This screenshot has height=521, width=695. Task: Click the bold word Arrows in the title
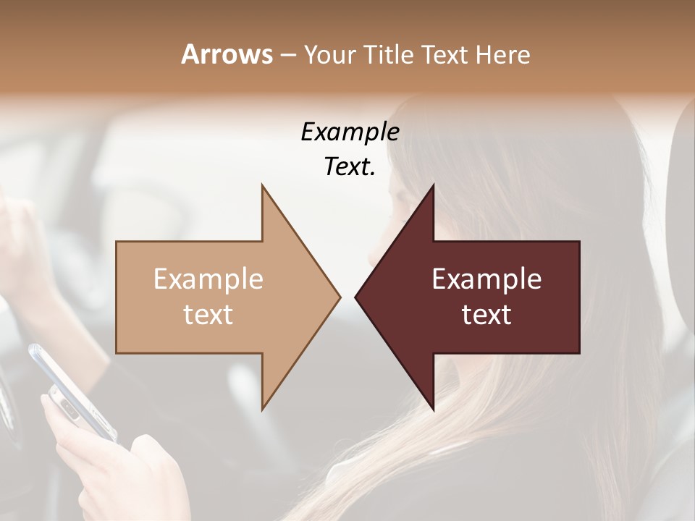click(226, 54)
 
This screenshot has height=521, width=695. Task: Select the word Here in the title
click(503, 54)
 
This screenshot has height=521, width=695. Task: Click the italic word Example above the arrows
click(350, 132)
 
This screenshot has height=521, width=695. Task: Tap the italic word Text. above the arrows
click(350, 167)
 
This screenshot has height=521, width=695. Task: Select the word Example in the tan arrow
click(208, 279)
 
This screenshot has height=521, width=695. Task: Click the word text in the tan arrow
click(208, 315)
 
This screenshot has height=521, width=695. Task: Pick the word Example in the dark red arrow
click(486, 279)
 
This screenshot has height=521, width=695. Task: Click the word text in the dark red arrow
click(486, 315)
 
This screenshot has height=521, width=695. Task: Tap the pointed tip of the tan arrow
click(339, 297)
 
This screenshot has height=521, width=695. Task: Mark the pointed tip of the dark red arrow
click(356, 297)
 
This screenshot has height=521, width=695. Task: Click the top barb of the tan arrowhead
click(264, 187)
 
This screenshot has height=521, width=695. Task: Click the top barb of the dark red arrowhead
click(432, 187)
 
